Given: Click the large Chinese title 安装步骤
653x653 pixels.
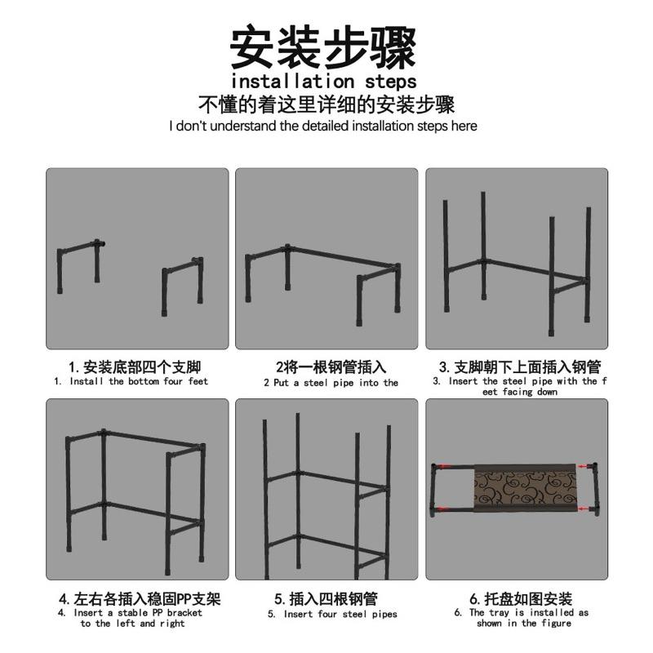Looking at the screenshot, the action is (323, 47).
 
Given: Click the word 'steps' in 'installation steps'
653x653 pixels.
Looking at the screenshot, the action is (390, 81).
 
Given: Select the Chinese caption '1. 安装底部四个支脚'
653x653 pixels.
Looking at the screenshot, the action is (135, 366).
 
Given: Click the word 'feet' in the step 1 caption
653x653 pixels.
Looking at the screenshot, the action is (198, 381).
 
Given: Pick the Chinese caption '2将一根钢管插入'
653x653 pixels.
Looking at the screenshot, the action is (331, 366).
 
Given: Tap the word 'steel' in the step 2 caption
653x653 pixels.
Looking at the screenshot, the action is (316, 383).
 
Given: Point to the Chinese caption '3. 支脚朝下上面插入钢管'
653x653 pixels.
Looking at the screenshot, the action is (520, 366).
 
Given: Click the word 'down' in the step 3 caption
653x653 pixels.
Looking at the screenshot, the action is (547, 392).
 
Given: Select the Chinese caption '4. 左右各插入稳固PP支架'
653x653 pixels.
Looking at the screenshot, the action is (140, 599).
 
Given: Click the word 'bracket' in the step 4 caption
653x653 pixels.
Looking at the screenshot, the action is (184, 613).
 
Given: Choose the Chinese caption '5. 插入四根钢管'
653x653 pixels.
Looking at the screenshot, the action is (326, 599).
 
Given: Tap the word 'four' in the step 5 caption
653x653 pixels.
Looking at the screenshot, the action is (327, 614).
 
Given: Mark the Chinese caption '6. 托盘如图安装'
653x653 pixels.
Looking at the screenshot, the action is (521, 599).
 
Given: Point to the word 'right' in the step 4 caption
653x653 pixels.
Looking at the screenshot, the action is (172, 624).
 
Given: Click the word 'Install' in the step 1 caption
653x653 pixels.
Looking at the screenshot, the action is (87, 381).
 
